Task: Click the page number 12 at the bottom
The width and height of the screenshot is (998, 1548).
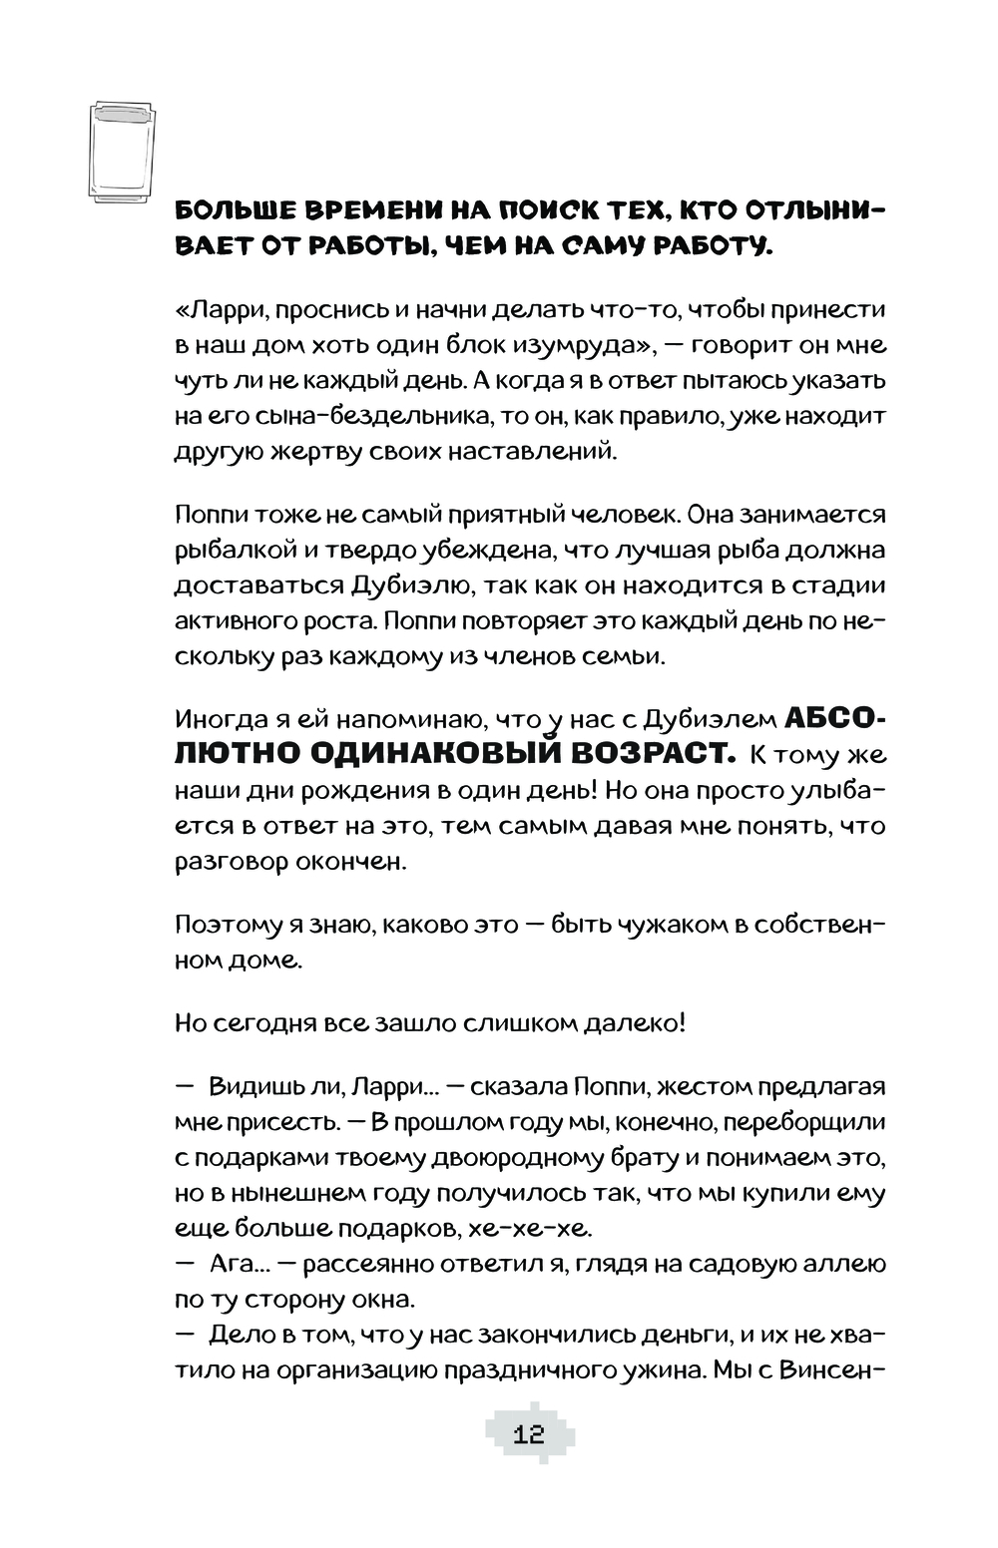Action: pos(529,1435)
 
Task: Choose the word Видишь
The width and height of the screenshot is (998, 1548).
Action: pos(256,1086)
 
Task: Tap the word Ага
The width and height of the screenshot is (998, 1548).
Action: pos(231,1265)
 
